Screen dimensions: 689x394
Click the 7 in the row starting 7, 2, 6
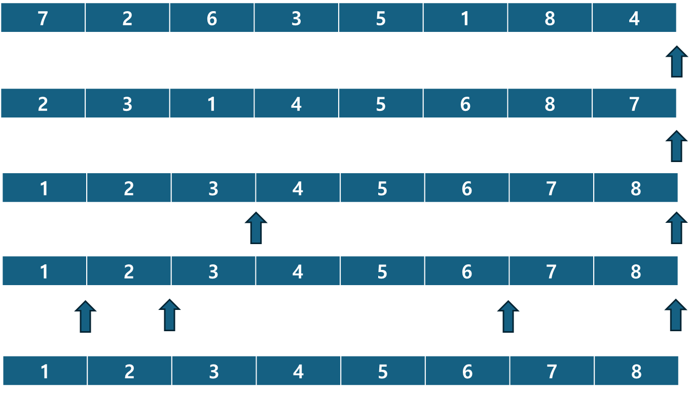(43, 18)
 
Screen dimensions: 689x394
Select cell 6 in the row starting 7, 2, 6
(211, 18)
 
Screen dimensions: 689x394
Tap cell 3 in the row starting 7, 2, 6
(296, 18)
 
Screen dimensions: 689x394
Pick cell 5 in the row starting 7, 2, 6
(381, 18)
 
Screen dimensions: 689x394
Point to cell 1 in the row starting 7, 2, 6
(465, 18)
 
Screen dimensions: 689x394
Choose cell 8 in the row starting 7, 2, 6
(550, 18)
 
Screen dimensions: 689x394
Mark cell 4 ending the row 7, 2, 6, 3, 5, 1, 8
(634, 18)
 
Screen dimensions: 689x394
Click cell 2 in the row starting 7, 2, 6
(127, 18)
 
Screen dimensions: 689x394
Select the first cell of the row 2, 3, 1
(43, 103)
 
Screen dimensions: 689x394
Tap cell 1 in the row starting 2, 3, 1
(211, 103)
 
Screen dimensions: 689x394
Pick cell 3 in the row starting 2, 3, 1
(127, 103)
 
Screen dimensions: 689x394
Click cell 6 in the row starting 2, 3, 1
(465, 103)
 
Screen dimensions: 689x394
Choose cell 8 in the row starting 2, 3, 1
(550, 103)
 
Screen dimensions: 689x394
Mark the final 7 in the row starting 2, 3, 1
(634, 103)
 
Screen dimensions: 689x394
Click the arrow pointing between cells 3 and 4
(256, 228)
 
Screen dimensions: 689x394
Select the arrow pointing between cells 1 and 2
(86, 317)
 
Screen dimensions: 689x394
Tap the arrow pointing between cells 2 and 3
(169, 315)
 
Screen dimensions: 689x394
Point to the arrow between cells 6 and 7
(508, 317)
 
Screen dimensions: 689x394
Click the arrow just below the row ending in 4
(677, 61)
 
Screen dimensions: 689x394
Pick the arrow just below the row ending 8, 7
(677, 146)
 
